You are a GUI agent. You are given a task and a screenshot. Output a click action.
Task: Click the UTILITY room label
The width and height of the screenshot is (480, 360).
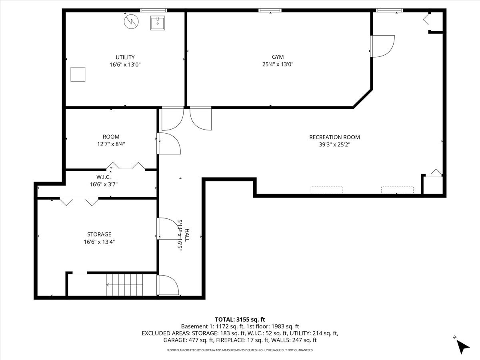pyautogui.click(x=125, y=57)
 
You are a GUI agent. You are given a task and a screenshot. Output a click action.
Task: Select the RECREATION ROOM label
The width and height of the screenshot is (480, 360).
pyautogui.click(x=334, y=137)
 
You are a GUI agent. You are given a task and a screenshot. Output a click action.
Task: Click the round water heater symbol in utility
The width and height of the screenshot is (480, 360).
pyautogui.click(x=130, y=22)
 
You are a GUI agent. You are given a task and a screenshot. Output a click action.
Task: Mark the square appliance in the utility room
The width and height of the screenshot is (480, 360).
pyautogui.click(x=78, y=74)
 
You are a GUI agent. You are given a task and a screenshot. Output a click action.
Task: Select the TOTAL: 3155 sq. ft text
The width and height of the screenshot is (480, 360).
pyautogui.click(x=240, y=319)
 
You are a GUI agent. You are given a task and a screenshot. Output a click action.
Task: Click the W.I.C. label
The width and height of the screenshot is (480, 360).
pyautogui.click(x=103, y=177)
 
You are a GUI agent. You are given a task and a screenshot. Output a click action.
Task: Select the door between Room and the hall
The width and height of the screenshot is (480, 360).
pyautogui.click(x=168, y=143)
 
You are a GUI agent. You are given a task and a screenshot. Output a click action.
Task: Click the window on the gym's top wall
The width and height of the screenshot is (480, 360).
pyautogui.click(x=270, y=10)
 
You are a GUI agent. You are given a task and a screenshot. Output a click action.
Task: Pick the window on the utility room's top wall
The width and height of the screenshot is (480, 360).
pyautogui.click(x=153, y=10)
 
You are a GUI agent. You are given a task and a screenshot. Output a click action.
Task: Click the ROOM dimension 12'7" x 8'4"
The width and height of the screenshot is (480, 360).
pyautogui.click(x=111, y=144)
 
